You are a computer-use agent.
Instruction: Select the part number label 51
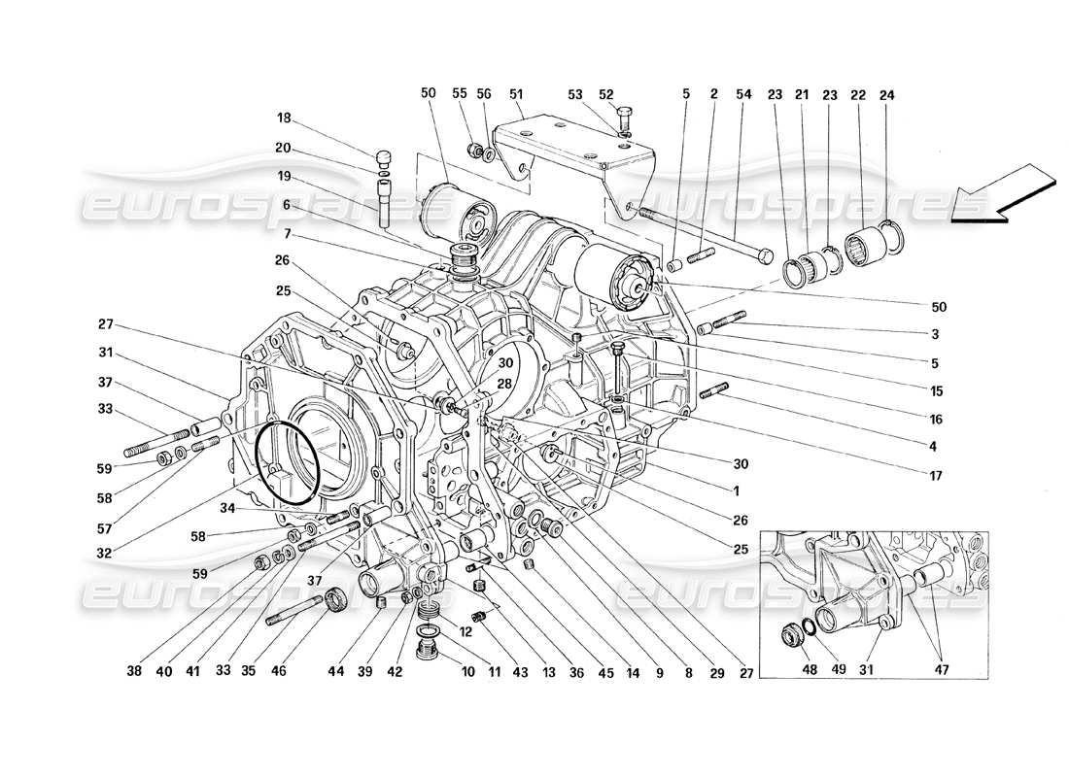coord(516,94)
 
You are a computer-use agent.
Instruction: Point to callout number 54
coord(743,94)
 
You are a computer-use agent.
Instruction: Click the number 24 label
coord(886,94)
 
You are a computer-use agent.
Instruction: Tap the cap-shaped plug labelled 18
coord(383,157)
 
